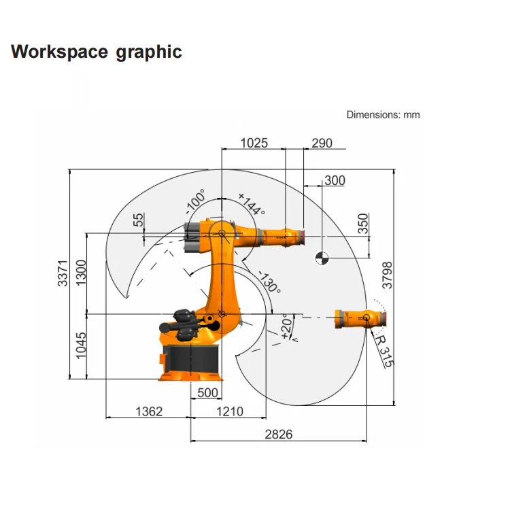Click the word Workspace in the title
pyautogui.click(x=59, y=52)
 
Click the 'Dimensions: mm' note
pyautogui.click(x=383, y=114)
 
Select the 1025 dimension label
pyautogui.click(x=254, y=143)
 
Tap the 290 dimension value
pyautogui.click(x=322, y=143)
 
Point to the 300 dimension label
pyautogui.click(x=335, y=180)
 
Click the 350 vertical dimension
pyautogui.click(x=363, y=224)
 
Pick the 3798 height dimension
pyautogui.click(x=388, y=275)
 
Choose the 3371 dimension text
pyautogui.click(x=63, y=273)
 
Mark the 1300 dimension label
pyautogui.click(x=81, y=273)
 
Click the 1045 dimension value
pyautogui.click(x=81, y=345)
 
